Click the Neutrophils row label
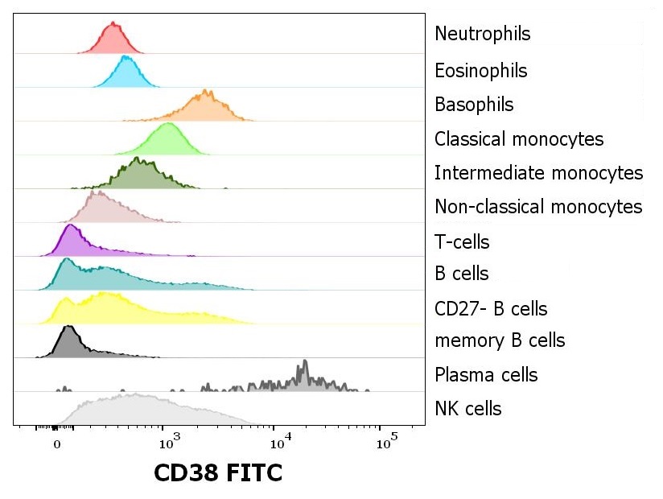[482, 35]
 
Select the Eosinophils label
[480, 71]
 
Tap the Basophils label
[473, 105]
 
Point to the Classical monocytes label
[518, 139]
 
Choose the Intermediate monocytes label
[538, 173]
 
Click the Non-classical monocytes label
[538, 207]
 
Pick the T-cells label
[461, 242]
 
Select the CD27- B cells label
[491, 309]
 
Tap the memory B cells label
[499, 340]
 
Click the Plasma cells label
[485, 375]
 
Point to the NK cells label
[467, 409]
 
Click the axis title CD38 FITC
[217, 473]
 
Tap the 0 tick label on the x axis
[56, 443]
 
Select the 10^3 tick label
[167, 443]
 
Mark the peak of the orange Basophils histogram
[207, 92]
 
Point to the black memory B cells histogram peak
[68, 327]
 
